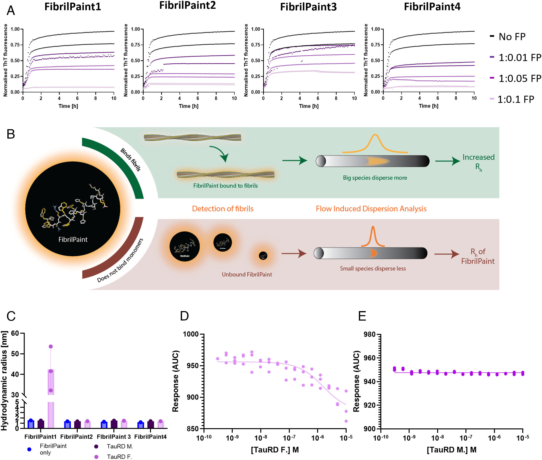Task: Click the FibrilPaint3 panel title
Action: [308, 7]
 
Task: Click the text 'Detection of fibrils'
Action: [223, 209]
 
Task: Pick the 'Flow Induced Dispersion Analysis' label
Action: [371, 209]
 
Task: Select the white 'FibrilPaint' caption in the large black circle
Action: [73, 239]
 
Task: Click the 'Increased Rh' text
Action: [478, 162]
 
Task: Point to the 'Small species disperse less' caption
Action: [373, 269]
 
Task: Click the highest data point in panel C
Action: [51, 346]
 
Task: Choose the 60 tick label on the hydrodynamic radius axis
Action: [15, 333]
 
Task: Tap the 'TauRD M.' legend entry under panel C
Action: [120, 446]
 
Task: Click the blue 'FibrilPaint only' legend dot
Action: [29, 449]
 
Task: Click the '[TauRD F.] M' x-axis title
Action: [275, 450]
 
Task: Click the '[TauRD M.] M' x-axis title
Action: [451, 450]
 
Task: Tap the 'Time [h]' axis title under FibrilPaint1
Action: [68, 106]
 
